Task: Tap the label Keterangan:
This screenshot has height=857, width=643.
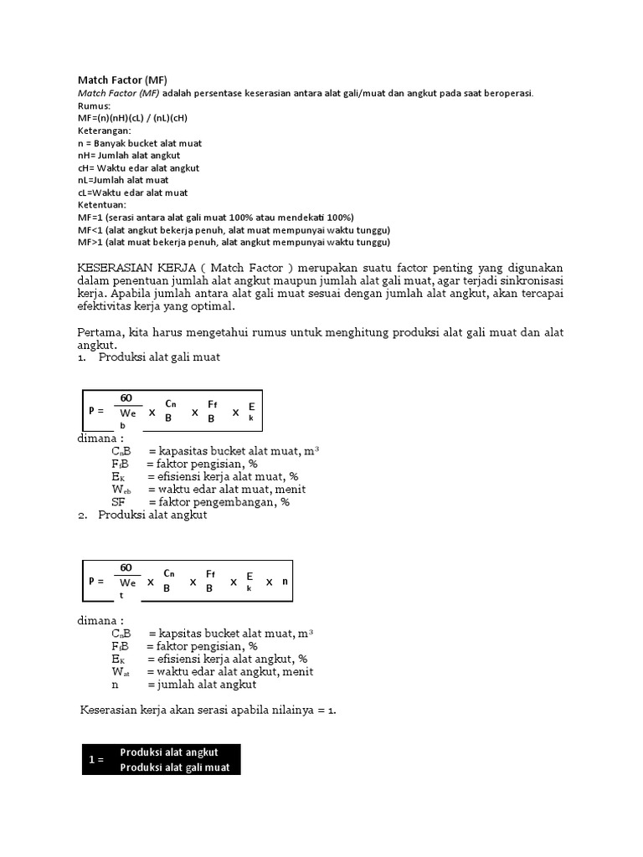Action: coord(104,131)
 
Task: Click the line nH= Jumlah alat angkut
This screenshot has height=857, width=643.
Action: coord(128,156)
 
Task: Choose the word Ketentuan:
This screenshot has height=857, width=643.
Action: coord(102,205)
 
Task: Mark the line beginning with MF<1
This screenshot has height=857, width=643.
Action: coord(234,230)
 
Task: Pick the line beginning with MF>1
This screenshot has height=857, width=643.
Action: coord(234,243)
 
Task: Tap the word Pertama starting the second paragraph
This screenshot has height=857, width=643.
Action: coord(100,332)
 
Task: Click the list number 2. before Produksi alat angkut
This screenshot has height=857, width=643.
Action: coord(83,515)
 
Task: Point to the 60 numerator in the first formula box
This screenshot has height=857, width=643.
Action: coord(126,398)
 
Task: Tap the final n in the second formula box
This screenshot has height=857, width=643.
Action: coord(285,581)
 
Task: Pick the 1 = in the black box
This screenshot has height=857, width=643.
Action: coord(96,760)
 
